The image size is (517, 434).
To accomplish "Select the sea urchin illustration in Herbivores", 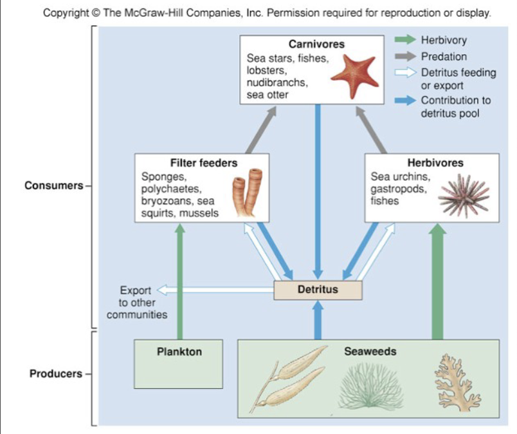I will pyautogui.click(x=463, y=195).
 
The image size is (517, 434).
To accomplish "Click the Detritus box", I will pyautogui.click(x=318, y=290).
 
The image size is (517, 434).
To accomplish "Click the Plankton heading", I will pyautogui.click(x=179, y=352).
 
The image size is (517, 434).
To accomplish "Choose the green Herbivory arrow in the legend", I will pyautogui.click(x=405, y=41).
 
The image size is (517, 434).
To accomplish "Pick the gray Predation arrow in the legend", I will pyautogui.click(x=405, y=57).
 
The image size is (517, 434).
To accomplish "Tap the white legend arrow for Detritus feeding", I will pyautogui.click(x=405, y=73).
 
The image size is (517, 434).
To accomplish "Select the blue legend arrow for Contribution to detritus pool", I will pyautogui.click(x=405, y=100).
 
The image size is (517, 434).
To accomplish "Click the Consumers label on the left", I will pyautogui.click(x=53, y=186).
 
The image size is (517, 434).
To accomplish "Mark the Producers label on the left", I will pyautogui.click(x=56, y=374).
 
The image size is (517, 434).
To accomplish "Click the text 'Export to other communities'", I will pyautogui.click(x=136, y=303).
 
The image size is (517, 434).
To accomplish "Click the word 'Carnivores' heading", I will pyautogui.click(x=316, y=44).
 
